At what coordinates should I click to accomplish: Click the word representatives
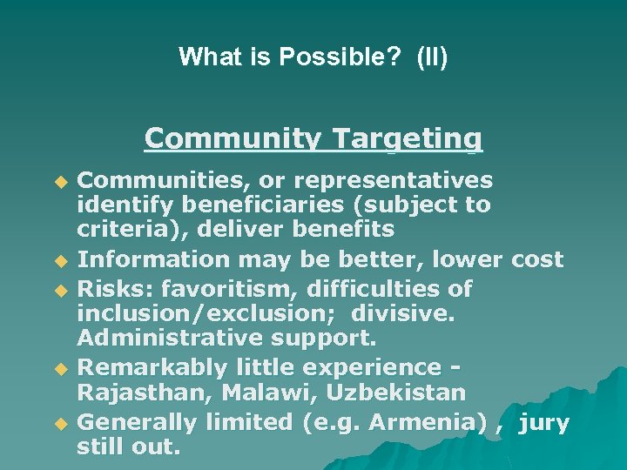point(393,180)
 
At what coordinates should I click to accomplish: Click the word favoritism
point(224,288)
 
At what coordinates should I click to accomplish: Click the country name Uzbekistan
point(396,393)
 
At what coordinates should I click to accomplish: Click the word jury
point(544,424)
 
